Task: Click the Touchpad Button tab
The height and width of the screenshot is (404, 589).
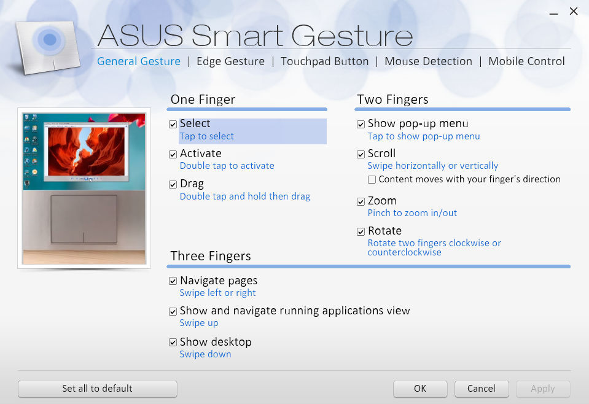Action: tap(324, 61)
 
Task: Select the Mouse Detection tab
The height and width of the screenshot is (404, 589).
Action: tap(428, 61)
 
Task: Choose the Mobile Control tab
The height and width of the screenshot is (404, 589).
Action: tap(526, 61)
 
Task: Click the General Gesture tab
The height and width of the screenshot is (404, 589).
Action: tap(139, 61)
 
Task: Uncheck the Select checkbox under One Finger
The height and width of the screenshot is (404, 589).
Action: tap(173, 125)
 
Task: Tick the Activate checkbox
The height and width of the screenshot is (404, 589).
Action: tap(173, 154)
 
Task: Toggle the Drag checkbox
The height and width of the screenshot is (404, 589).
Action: tap(173, 184)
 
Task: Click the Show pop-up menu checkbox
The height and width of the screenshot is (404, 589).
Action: tap(361, 125)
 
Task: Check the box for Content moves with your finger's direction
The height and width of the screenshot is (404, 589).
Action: tap(372, 180)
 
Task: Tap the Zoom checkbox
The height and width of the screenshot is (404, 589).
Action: tap(361, 201)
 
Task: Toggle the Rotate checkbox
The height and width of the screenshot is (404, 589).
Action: tap(361, 231)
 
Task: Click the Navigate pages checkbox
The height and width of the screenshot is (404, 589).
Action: tap(173, 281)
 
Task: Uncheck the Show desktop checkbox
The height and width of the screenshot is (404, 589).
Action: tap(173, 343)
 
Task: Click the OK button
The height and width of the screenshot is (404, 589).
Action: tap(420, 389)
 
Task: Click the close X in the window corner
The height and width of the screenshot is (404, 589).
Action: tap(574, 11)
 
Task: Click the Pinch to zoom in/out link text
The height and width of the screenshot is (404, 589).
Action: tap(412, 213)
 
